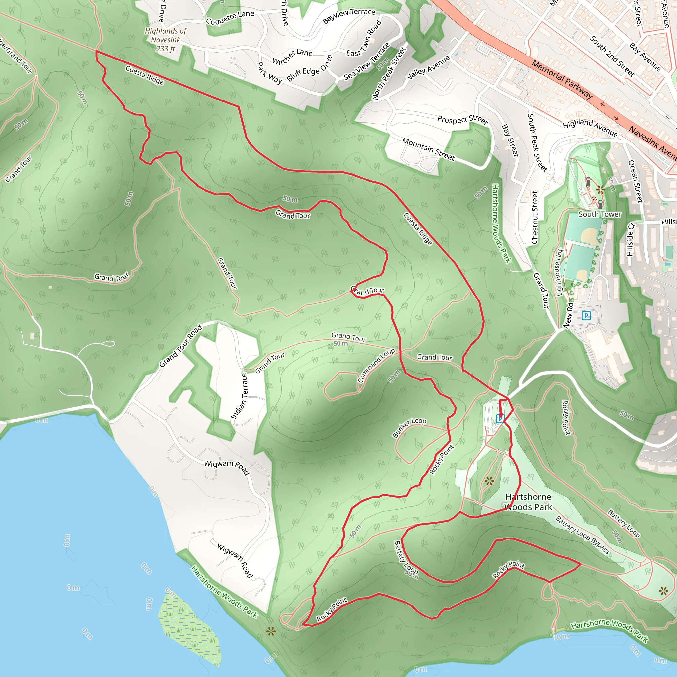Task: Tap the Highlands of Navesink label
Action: (166, 40)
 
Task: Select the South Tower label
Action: (600, 214)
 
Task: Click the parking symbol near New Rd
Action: (586, 316)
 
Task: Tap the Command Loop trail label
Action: (376, 366)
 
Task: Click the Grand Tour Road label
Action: (180, 345)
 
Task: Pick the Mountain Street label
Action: (428, 149)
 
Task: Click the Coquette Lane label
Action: (230, 18)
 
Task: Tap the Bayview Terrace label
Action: (349, 16)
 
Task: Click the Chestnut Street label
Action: (535, 217)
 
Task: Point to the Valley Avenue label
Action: (428, 68)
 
